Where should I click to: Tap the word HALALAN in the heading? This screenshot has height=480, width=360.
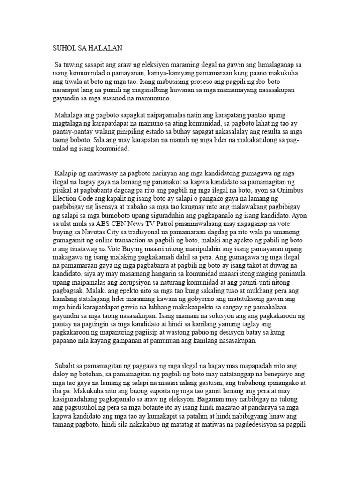click(104, 47)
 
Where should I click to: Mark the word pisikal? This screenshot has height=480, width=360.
click(62, 190)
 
